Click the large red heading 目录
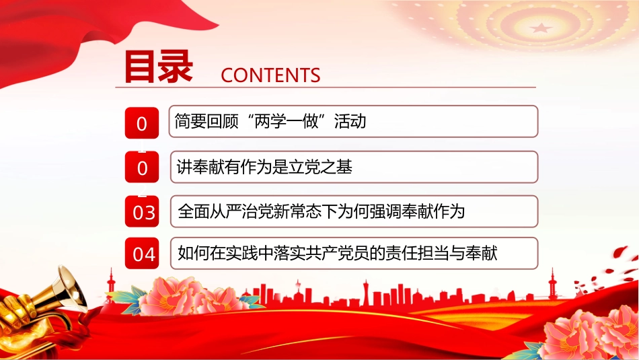pyautogui.click(x=158, y=67)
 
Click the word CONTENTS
pyautogui.click(x=270, y=75)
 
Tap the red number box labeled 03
pyautogui.click(x=142, y=211)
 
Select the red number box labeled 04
pyautogui.click(x=142, y=253)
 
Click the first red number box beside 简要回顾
pyautogui.click(x=142, y=123)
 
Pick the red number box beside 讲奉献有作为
pyautogui.click(x=142, y=167)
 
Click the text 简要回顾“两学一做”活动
pyautogui.click(x=270, y=122)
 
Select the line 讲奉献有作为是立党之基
pyautogui.click(x=264, y=167)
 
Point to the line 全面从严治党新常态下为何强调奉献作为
pyautogui.click(x=321, y=211)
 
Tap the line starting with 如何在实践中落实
pyautogui.click(x=338, y=253)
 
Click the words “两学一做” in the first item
pyautogui.click(x=287, y=122)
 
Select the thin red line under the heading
pyautogui.click(x=326, y=87)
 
